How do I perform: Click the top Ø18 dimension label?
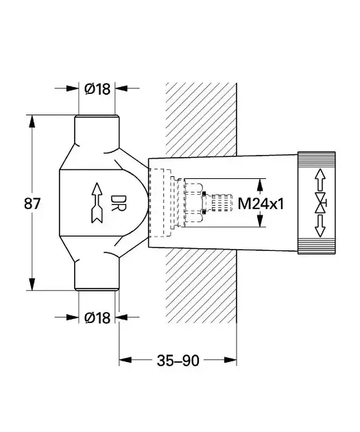97,89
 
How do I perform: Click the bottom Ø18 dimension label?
97,317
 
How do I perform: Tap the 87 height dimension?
32,204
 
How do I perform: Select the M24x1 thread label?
261,204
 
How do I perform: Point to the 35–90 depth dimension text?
178,361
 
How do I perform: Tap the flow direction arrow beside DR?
97,202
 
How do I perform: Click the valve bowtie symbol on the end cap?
320,204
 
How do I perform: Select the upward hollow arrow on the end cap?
320,180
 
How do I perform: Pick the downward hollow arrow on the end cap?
320,226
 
